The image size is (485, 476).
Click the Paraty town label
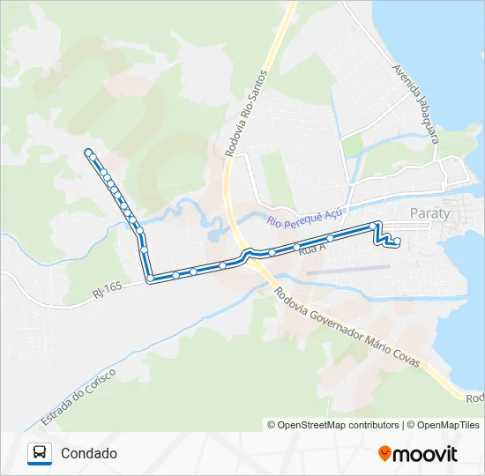coord(430,213)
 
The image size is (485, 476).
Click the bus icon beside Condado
coord(40,454)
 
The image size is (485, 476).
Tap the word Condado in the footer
coord(89,454)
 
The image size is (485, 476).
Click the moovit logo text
coord(425,454)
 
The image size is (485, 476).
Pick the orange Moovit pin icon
coord(384,454)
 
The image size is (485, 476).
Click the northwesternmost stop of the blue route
coord(87,152)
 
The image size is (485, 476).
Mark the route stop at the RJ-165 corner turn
coord(151,279)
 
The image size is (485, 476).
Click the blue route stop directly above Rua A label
coord(297,247)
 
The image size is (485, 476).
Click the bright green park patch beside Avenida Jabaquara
coord(353,146)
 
